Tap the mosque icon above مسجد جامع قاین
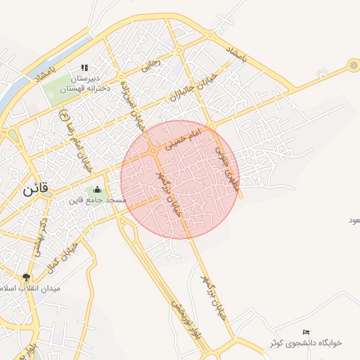97,189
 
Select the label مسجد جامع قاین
97,200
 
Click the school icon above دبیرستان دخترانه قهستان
84,67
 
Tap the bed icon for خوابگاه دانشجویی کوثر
305,332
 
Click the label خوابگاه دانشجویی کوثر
306,342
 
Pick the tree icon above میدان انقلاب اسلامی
27,277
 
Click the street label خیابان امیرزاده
131,103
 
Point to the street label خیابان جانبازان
191,86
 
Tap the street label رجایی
150,67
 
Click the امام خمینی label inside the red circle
185,138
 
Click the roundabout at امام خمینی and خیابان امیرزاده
153,150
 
